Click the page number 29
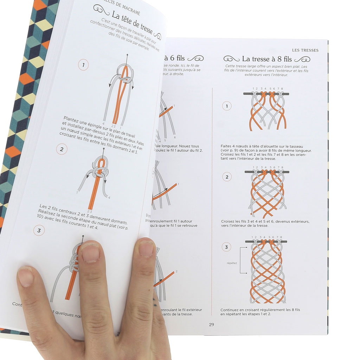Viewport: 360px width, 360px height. (x=211, y=324)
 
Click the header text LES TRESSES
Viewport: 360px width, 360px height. (x=306, y=50)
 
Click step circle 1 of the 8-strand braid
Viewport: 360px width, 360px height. (x=227, y=106)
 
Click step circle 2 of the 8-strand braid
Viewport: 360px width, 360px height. (x=227, y=177)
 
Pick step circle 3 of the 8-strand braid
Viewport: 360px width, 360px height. (x=226, y=247)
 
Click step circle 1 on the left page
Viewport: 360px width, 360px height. (x=83, y=65)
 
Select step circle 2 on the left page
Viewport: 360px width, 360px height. (x=62, y=149)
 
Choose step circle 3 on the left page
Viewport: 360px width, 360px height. (x=38, y=230)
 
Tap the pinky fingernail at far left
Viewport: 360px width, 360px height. (x=26, y=276)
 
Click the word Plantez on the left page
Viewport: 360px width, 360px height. (x=72, y=118)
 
